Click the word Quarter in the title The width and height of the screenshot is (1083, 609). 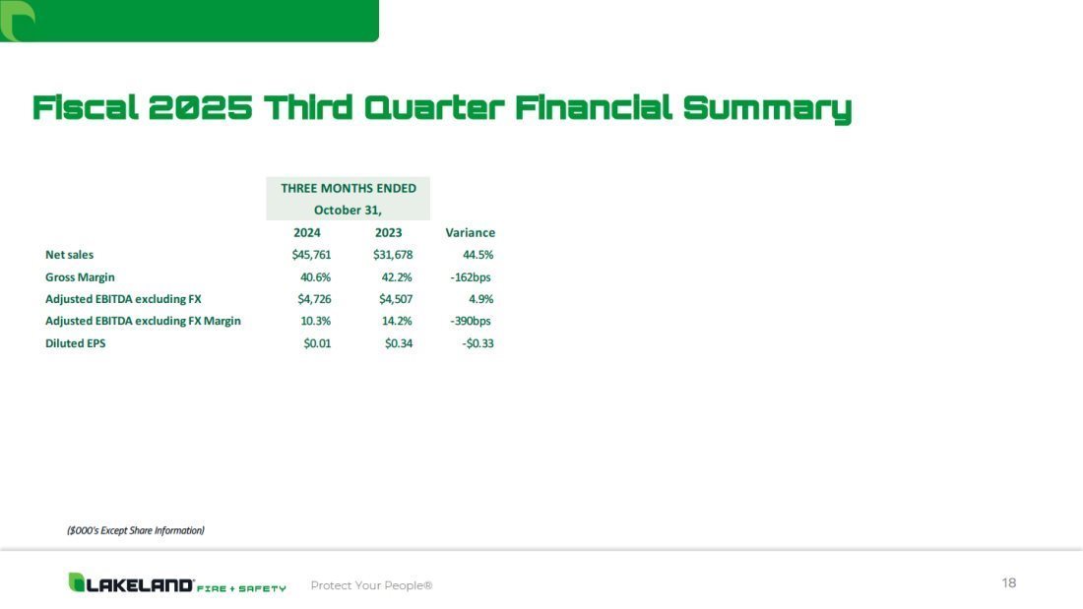point(434,108)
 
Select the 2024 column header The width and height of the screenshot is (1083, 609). point(306,233)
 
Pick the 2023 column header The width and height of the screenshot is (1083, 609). point(388,233)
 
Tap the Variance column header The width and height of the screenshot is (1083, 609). point(470,233)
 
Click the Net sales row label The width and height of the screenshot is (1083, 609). point(69,255)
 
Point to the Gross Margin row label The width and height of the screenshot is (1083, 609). point(80,276)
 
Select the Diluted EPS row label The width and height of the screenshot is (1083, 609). point(75,343)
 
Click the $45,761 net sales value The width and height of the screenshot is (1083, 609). point(311,255)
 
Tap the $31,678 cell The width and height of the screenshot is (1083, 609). point(393,255)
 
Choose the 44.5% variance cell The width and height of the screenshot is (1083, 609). point(478,255)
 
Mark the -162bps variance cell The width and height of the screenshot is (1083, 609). point(471,276)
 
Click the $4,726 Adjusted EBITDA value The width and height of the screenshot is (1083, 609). point(314,299)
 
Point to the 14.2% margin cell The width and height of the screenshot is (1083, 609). point(397,321)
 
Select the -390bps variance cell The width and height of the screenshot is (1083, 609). point(471,321)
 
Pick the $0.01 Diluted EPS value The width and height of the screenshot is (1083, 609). point(317,343)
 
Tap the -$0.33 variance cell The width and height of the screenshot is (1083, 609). point(478,343)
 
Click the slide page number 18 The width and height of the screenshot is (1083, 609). point(1009,582)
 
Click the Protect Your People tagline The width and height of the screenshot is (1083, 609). point(371,585)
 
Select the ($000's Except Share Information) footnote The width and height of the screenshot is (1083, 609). point(136,530)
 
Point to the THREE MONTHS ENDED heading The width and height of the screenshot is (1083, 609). point(349,188)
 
